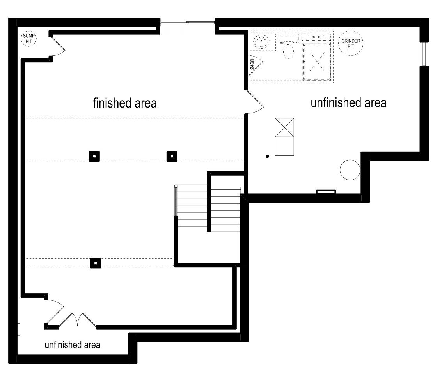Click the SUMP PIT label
tap(29, 39)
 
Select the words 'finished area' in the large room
tap(125, 103)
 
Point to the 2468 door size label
tap(252, 64)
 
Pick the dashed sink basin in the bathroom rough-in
tap(261, 41)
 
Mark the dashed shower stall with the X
tap(317, 62)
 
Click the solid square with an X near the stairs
tap(284, 127)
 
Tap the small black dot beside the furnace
tap(268, 157)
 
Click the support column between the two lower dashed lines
tap(96, 263)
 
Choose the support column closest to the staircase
tap(172, 156)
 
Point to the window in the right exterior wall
tap(424, 54)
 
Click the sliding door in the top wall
tap(188, 23)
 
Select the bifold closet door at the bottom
tap(78, 320)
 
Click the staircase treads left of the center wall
tap(192, 206)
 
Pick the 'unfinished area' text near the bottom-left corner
tap(73, 344)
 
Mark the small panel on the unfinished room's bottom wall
tap(326, 192)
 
